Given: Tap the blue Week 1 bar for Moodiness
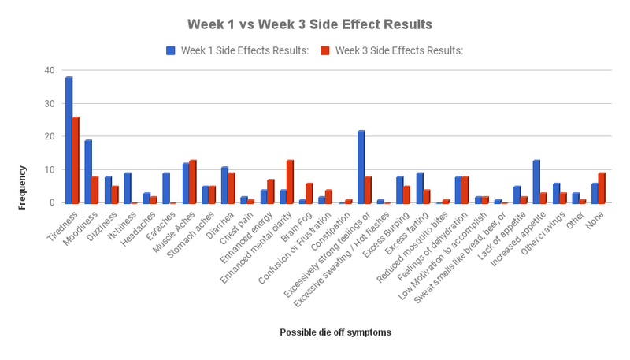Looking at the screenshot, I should point(88,172).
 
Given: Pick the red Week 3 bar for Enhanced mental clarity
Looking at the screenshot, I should point(290,181).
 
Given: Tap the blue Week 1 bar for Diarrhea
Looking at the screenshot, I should point(224,184).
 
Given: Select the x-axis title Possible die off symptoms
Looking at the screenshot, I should point(335,332).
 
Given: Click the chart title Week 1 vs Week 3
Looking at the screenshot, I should point(309,24).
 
